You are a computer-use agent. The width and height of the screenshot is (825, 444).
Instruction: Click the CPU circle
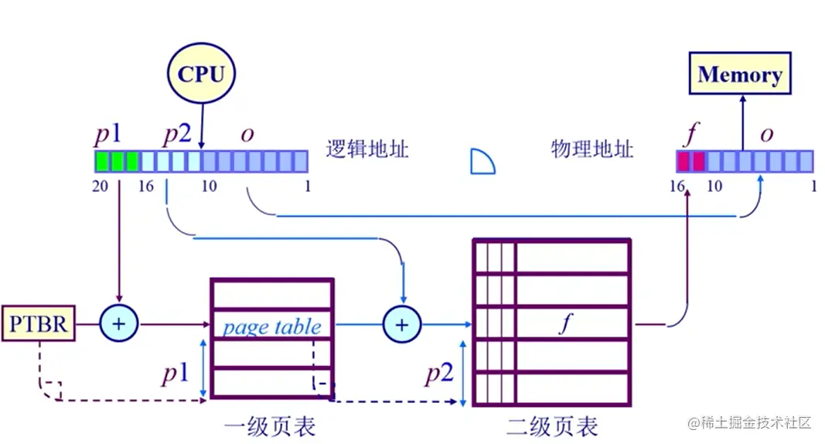(201, 74)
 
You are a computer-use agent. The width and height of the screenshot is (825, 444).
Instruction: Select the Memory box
(740, 74)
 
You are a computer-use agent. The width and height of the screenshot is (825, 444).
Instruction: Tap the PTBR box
(39, 325)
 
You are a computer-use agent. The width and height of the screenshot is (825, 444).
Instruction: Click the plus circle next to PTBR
(119, 325)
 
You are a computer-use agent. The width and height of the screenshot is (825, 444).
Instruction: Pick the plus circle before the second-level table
(401, 325)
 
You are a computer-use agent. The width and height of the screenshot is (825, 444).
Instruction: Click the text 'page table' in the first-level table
(271, 326)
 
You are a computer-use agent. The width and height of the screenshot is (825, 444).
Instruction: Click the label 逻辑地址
(367, 149)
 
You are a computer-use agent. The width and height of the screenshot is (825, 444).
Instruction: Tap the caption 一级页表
(270, 425)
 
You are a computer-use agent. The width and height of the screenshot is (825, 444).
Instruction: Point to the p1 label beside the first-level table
(176, 374)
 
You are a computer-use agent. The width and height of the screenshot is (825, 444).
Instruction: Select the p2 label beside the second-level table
(438, 374)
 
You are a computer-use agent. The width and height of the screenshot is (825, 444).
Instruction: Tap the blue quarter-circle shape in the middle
(482, 162)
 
